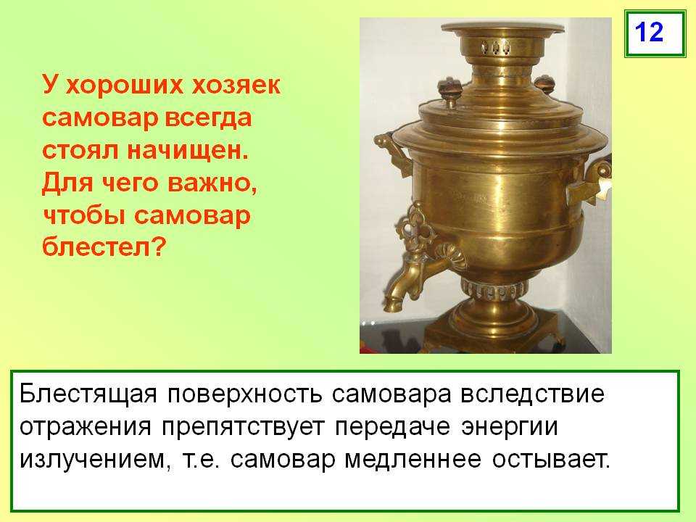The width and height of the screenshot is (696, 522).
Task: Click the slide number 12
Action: click(649, 32)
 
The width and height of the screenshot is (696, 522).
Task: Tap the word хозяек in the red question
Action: click(236, 85)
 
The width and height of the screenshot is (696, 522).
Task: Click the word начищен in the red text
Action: click(188, 151)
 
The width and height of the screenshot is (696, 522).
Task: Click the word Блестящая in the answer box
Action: click(88, 394)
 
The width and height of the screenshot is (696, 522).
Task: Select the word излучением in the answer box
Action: click(95, 460)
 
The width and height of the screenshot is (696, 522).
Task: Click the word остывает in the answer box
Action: click(551, 460)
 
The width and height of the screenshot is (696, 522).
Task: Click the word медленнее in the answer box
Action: click(413, 460)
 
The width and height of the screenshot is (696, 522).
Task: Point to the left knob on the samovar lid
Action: click(449, 91)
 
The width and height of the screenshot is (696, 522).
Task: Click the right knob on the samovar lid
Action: click(544, 84)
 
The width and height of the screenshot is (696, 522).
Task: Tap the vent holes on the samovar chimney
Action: click(496, 46)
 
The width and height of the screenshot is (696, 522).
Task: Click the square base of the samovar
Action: click(492, 335)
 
